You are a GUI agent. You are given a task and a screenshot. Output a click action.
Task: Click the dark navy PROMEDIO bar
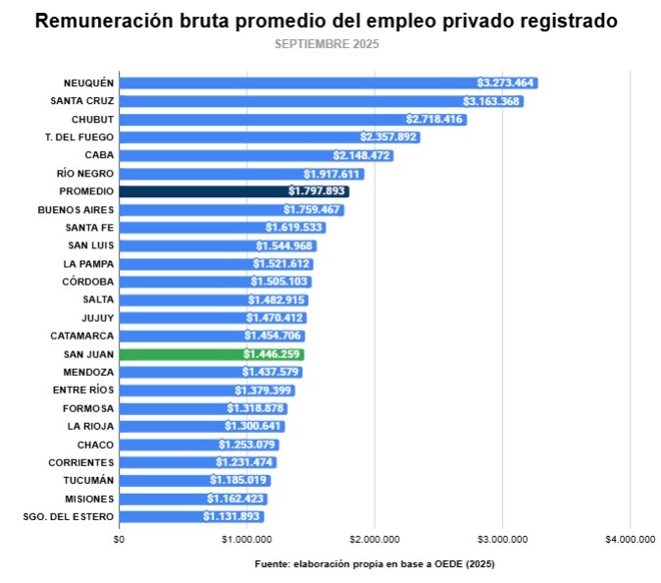tap(233, 191)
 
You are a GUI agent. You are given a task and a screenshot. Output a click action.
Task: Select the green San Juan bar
tap(211, 354)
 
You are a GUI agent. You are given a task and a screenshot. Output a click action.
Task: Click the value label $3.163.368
tap(491, 101)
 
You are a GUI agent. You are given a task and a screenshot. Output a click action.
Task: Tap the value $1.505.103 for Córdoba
tap(280, 282)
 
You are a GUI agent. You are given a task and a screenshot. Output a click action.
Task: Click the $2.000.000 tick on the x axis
tap(375, 539)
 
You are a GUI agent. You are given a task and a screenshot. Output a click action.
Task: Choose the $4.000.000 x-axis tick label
tap(630, 539)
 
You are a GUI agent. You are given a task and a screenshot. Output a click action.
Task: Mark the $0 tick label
tap(120, 539)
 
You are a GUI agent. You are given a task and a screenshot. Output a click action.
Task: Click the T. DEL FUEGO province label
tap(79, 137)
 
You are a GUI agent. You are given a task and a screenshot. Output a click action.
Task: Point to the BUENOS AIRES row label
tap(76, 210)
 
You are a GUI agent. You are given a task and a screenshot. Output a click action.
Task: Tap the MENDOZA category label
tap(88, 372)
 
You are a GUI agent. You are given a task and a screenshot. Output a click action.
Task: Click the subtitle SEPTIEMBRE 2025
tap(327, 44)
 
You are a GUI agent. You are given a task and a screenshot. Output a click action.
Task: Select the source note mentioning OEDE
tap(375, 564)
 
